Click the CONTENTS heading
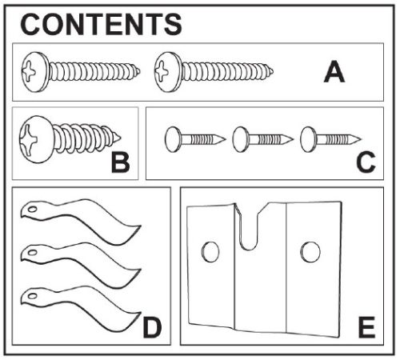coord(101,24)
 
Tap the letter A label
coord(334,72)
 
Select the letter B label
coord(121,162)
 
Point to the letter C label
coord(366,162)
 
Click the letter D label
coord(152,327)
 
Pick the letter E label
coord(367,327)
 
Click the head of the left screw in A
coord(34,72)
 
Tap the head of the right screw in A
coord(167,72)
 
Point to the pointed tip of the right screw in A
coord(272,71)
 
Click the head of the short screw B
coord(36,139)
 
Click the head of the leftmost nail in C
coord(173,139)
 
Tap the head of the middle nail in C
coord(240,139)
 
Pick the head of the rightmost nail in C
coord(308,139)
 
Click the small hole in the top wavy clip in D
coord(33,210)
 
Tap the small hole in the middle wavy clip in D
coord(33,253)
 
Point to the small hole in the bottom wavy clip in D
coord(33,296)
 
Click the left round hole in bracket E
coord(210,252)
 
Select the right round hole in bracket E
coord(310,252)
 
